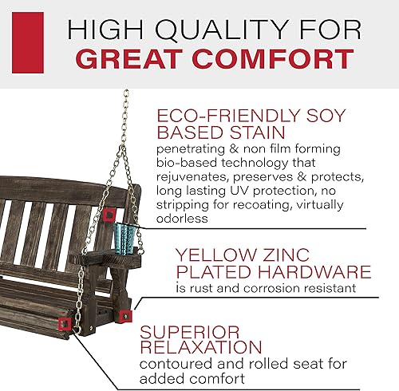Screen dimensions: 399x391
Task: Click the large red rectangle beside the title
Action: coord(28,42)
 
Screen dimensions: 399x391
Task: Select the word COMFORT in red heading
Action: coord(273,59)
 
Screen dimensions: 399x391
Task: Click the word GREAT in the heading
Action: coord(131,59)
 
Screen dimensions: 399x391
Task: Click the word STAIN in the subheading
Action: coord(258,132)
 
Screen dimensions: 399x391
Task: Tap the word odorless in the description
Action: coord(182,219)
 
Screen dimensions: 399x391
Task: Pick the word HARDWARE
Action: coord(314,271)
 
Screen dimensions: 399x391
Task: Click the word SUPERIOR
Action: coord(190,333)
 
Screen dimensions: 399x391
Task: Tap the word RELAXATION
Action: coord(201,347)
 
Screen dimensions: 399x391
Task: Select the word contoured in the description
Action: coord(176,364)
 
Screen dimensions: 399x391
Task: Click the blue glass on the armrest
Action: coord(124,239)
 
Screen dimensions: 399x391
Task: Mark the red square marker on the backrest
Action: coord(109,215)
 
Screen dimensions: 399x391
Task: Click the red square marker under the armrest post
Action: coord(125,316)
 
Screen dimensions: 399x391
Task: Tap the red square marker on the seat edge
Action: coord(65,324)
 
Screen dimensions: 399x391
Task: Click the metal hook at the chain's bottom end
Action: coord(77,329)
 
